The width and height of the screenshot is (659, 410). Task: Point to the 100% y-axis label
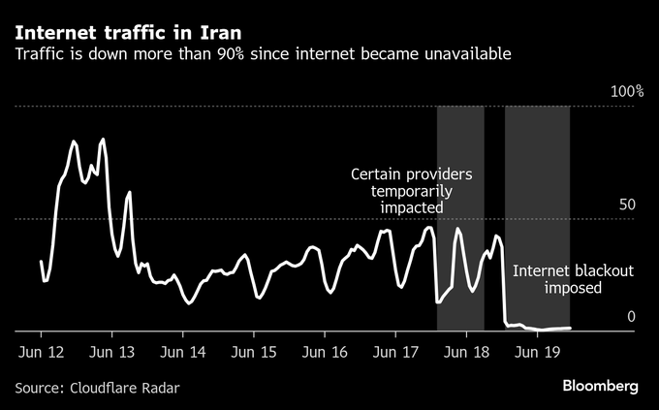pos(626,92)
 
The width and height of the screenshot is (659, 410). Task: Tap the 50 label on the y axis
pos(627,205)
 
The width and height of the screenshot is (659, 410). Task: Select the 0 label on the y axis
pos(631,317)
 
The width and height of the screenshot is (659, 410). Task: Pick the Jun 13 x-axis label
pos(111,351)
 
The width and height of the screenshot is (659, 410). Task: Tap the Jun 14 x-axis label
pos(182,351)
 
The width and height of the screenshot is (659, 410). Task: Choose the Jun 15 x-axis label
pos(253,351)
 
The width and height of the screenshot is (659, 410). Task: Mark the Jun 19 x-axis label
pos(536,351)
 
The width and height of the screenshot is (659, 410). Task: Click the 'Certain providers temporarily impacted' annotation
pos(411,191)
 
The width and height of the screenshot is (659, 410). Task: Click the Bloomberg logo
pos(601,386)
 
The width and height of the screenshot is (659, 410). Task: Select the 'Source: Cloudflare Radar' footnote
pos(97,388)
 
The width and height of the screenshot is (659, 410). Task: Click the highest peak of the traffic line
pos(103,140)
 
